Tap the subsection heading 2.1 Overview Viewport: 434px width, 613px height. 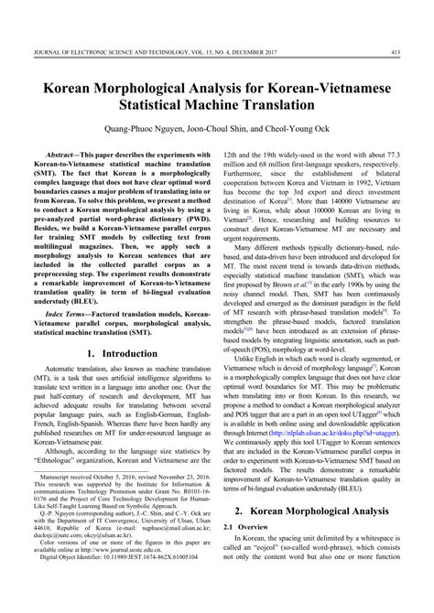click(254, 554)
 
